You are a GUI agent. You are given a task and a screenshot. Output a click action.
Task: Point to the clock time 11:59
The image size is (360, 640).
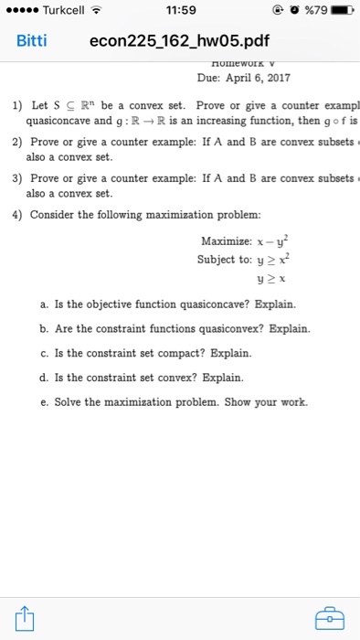[x=179, y=10]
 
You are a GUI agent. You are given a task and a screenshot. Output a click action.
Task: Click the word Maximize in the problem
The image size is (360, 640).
[x=223, y=240]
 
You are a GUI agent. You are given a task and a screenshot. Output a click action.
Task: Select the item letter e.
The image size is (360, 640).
[x=44, y=401]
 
